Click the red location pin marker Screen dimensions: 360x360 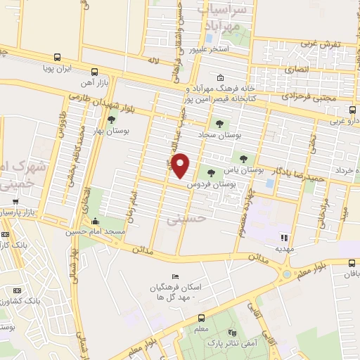pos(181,165)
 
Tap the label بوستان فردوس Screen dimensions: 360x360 pos(210,184)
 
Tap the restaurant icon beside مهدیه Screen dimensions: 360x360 pos(285,238)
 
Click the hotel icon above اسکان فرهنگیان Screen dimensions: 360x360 pos(176,276)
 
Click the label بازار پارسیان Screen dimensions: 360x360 pos(18,212)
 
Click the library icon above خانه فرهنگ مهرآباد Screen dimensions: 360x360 pos(221,78)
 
